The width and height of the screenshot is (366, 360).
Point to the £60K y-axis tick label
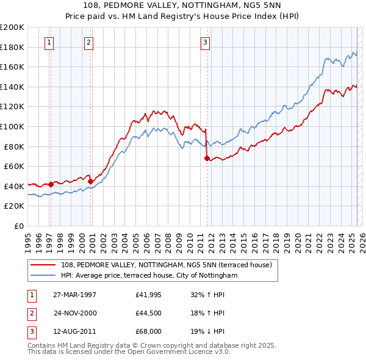click(14, 166)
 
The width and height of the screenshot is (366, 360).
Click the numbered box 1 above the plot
click(49, 43)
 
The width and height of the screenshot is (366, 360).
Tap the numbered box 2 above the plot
click(89, 43)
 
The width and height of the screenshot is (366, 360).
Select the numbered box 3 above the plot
click(205, 43)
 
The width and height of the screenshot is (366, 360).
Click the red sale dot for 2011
click(207, 159)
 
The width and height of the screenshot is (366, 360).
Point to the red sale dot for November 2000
click(91, 181)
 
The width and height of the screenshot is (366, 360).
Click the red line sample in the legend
click(44, 264)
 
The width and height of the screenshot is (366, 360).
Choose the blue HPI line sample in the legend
click(44, 275)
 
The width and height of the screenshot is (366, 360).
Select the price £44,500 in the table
click(148, 314)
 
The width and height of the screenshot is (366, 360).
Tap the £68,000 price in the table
click(148, 333)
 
